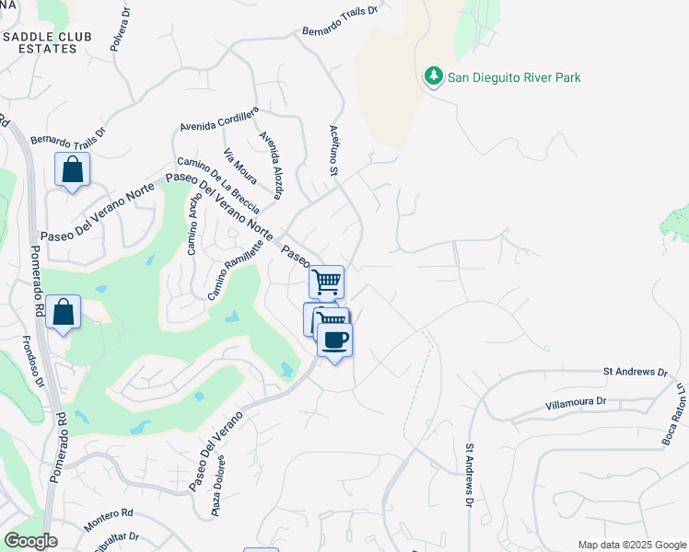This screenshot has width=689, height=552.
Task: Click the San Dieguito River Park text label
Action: [514, 78]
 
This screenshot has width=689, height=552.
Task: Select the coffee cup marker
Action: [334, 339]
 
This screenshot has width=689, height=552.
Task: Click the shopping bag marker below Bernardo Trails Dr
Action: [72, 170]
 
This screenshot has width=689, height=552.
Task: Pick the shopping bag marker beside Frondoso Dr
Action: [63, 312]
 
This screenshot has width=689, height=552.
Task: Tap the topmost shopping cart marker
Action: [326, 282]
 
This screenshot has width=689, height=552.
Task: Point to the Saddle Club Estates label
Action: [52, 42]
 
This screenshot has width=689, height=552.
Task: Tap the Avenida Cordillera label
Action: [219, 120]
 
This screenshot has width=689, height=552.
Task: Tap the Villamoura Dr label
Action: [576, 402]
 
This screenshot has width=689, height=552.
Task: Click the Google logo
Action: [30, 541]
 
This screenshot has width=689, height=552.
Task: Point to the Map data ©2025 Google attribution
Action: [632, 545]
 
